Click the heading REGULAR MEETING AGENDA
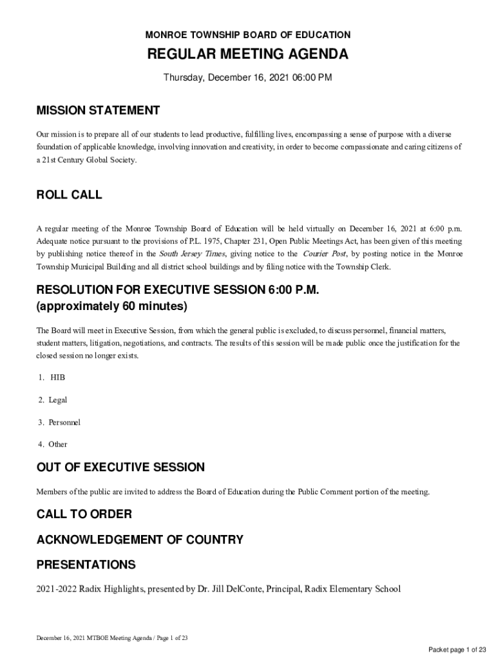[248, 55]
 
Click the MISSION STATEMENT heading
[98, 110]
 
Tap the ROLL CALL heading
[69, 195]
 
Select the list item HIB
[57, 377]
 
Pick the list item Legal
[57, 400]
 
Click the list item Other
[57, 444]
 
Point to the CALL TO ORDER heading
[84, 514]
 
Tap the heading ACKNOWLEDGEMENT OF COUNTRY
[140, 539]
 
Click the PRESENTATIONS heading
[86, 565]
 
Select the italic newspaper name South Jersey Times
[192, 254]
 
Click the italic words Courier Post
[325, 254]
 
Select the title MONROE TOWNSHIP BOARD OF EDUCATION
[248, 35]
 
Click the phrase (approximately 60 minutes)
[111, 306]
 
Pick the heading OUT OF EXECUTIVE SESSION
[120, 467]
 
